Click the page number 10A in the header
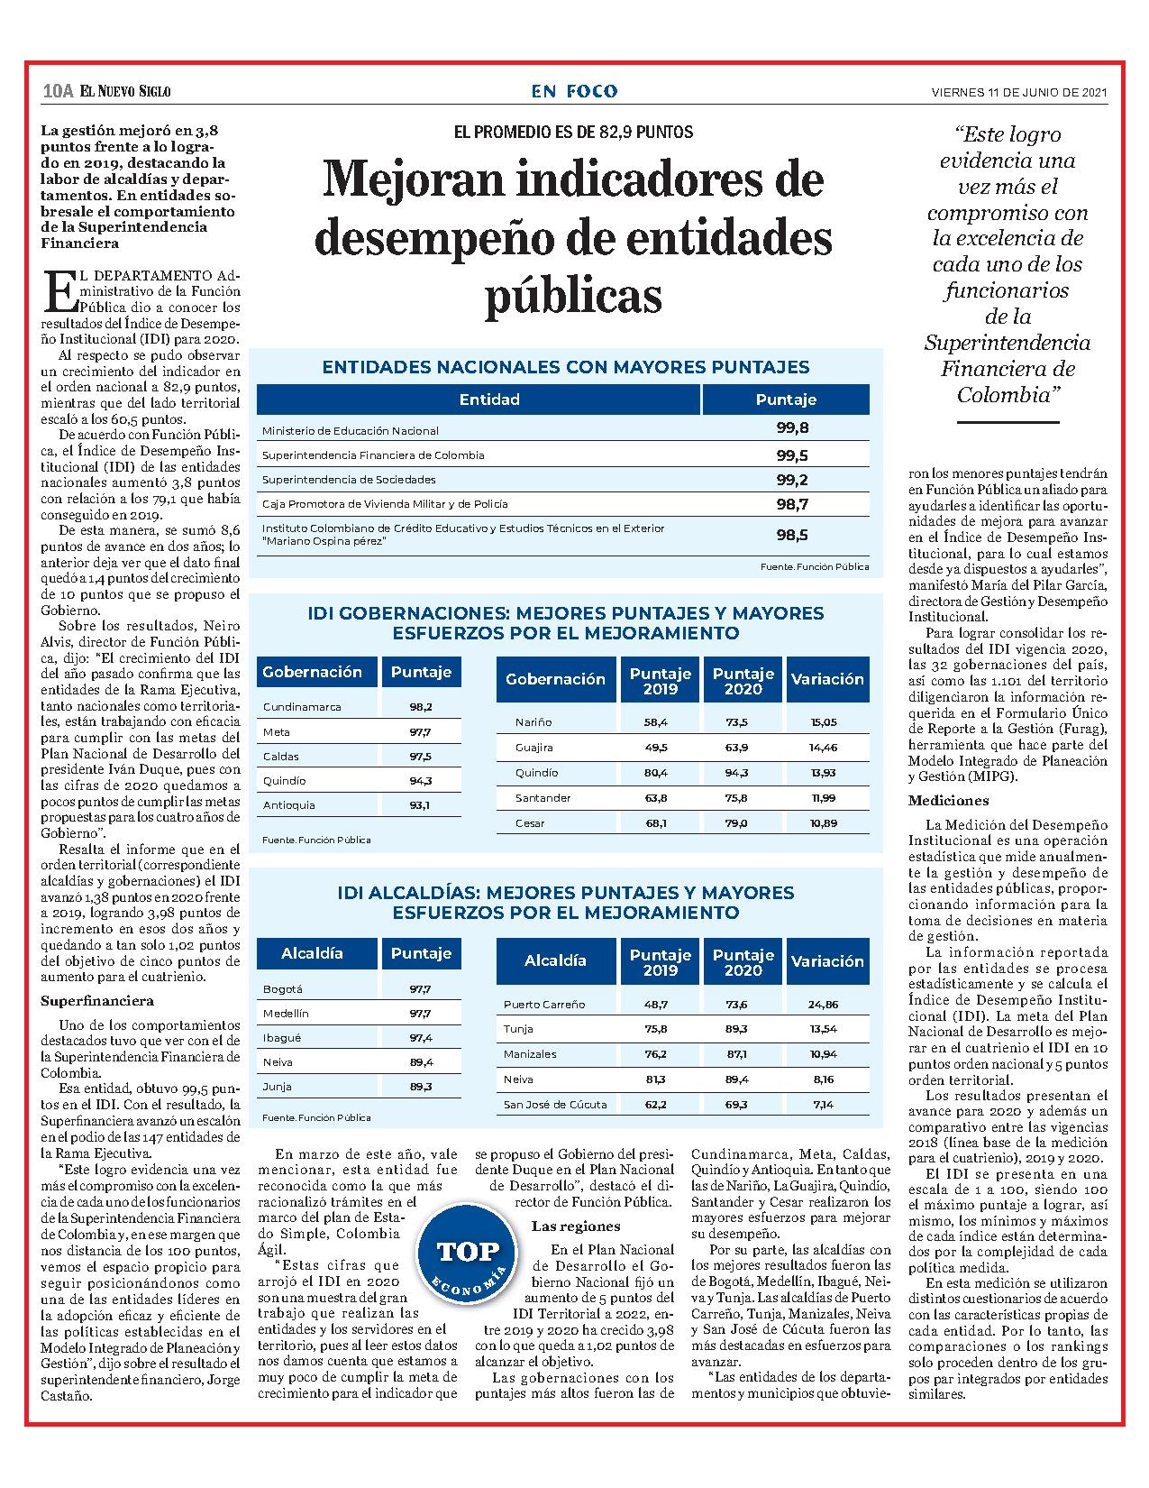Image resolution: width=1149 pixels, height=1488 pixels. tap(58, 91)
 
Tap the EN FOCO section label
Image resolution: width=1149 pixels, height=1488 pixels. tap(574, 91)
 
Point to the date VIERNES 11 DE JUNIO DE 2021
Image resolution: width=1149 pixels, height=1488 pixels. tap(1019, 93)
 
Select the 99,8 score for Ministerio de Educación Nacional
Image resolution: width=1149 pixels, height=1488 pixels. tap(792, 428)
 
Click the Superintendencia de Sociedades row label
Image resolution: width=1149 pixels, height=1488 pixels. tap(349, 480)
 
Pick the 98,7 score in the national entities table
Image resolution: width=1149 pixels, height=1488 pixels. tap(792, 504)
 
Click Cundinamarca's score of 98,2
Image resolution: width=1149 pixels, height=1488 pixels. tap(420, 707)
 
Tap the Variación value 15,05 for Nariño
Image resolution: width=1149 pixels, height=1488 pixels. tap(824, 721)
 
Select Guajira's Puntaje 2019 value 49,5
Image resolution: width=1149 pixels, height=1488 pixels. tap(655, 747)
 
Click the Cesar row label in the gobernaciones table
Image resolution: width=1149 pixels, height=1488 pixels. tap(530, 823)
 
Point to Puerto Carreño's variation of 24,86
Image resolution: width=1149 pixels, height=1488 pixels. tap(824, 1005)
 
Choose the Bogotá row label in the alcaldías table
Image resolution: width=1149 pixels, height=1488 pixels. tap(282, 989)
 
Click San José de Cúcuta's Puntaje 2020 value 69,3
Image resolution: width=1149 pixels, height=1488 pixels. tap(736, 1105)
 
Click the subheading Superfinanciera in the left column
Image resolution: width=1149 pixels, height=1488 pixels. tap(96, 1001)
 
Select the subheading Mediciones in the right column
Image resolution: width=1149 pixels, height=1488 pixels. tap(949, 800)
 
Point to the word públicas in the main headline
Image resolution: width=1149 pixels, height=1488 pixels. tap(573, 295)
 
